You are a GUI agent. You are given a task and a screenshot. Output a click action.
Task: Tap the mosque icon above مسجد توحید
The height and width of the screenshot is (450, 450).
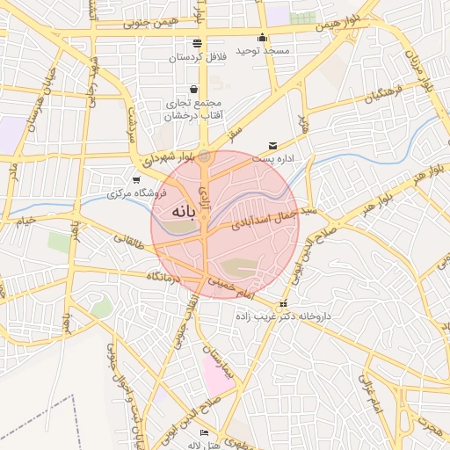pyautogui.click(x=261, y=37)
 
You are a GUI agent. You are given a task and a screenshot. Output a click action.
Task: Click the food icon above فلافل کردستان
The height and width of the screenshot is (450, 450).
pyautogui.click(x=197, y=42)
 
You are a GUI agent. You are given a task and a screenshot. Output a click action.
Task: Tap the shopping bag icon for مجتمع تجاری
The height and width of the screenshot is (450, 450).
pyautogui.click(x=193, y=89)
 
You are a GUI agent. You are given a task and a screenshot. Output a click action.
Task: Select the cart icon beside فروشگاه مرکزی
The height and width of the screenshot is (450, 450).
pyautogui.click(x=134, y=179)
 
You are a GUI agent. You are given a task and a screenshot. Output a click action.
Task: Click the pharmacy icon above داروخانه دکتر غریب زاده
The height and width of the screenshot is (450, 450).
pyautogui.click(x=282, y=304)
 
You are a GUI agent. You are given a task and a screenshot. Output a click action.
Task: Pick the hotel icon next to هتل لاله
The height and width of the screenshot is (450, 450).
pyautogui.click(x=205, y=432)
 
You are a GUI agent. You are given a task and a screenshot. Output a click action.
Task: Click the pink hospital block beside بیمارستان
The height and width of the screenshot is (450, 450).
pyautogui.click(x=216, y=374)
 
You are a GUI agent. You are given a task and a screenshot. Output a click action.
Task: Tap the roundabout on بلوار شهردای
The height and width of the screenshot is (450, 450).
pyautogui.click(x=205, y=156)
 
